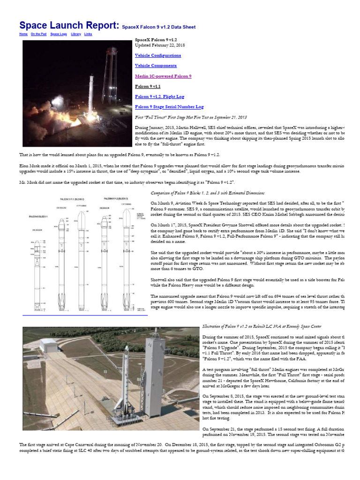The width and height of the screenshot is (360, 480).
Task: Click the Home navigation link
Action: [23, 34]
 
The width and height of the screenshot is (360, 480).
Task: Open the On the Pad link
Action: [38, 34]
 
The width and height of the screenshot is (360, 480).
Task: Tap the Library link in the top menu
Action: [75, 34]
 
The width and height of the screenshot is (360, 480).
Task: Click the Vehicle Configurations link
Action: [157, 55]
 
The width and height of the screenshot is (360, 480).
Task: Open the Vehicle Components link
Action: [156, 66]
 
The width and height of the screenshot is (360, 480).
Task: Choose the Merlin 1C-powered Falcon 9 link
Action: [163, 76]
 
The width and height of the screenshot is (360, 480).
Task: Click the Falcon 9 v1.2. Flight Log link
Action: [159, 97]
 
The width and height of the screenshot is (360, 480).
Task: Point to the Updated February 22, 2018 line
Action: [159, 45]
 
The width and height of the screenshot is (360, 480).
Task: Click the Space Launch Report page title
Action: [69, 25]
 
